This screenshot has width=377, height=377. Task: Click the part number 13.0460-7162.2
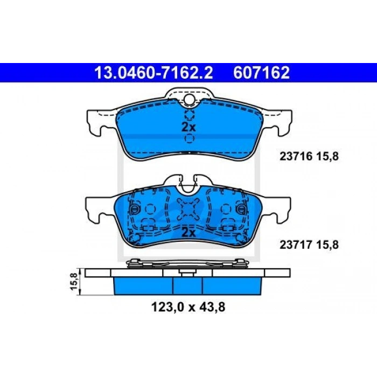153,72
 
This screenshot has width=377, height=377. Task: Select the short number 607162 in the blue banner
261,72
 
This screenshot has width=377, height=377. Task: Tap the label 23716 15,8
309,157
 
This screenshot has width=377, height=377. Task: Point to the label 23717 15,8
309,245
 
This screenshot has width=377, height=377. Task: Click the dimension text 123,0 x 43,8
188,307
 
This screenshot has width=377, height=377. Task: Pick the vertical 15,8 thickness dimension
74,281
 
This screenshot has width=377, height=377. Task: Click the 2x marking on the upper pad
188,127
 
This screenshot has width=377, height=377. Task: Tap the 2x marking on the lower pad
188,233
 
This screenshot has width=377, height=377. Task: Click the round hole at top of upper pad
189,99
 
